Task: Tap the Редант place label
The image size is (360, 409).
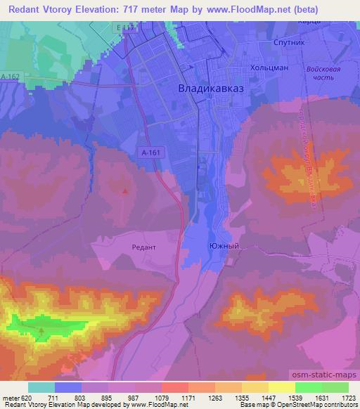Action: pos(144,247)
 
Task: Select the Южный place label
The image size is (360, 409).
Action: pos(220,246)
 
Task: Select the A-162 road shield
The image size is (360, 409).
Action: pos(10,77)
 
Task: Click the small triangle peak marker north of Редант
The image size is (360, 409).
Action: pos(125,190)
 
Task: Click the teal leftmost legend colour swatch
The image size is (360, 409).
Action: pos(41,387)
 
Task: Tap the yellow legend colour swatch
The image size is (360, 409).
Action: pos(282,387)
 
